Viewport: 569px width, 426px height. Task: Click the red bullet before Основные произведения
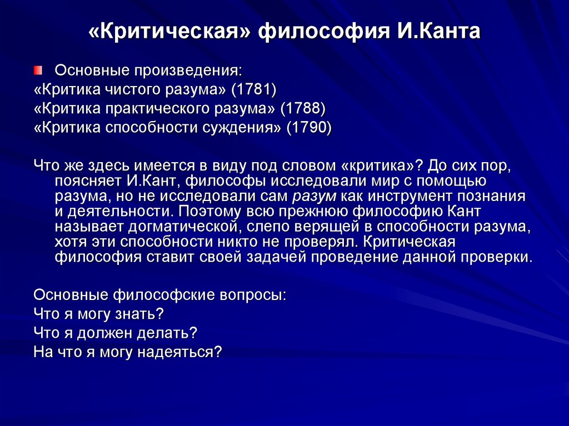(x=37, y=70)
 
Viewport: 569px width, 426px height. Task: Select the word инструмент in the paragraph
(x=393, y=196)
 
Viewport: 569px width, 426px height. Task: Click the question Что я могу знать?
(x=98, y=314)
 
